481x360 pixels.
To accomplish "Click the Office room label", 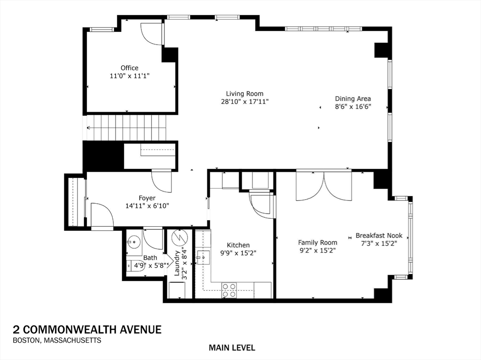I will click(x=129, y=68).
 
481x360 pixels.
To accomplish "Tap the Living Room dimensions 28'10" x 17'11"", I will click(x=245, y=101).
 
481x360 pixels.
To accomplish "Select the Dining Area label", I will click(x=353, y=99).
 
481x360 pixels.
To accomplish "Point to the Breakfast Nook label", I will click(x=379, y=236).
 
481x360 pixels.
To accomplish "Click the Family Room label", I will click(x=318, y=242).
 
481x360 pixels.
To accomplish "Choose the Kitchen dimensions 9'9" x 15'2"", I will click(x=238, y=253).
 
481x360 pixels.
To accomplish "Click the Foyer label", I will click(x=147, y=198).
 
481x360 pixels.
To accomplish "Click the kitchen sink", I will click(x=204, y=258).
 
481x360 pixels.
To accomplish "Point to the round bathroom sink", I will click(x=134, y=242).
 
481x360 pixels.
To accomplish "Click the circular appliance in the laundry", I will click(x=179, y=237).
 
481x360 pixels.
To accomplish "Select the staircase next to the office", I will click(x=125, y=127).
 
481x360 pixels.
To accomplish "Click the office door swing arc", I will click(x=151, y=34).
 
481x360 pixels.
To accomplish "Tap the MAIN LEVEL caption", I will click(x=232, y=348).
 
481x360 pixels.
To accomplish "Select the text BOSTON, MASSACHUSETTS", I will click(x=57, y=341).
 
